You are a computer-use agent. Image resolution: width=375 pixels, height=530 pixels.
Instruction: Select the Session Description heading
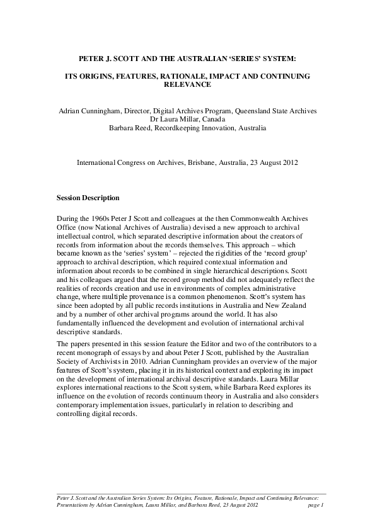click(x=88, y=198)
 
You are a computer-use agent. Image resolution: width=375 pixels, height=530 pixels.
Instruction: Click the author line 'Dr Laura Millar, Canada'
click(x=187, y=119)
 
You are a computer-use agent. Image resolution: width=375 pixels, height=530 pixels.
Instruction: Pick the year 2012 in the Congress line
click(x=287, y=162)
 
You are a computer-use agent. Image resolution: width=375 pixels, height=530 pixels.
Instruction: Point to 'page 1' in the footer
click(x=315, y=505)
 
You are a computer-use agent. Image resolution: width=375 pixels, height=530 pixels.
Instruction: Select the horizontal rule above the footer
click(x=187, y=493)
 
